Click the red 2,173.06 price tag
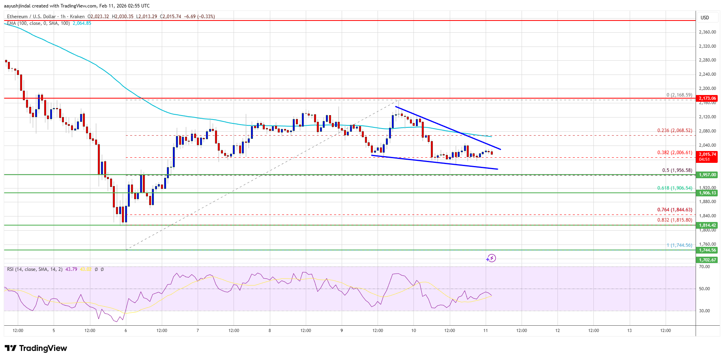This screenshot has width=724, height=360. point(707,98)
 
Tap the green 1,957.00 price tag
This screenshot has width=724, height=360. point(707,175)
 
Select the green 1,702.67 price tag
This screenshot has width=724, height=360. point(707,260)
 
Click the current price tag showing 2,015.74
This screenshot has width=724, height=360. point(707,155)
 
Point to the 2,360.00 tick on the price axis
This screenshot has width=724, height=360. point(707,32)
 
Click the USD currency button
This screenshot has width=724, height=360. point(705,17)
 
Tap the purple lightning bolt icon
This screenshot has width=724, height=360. point(491,258)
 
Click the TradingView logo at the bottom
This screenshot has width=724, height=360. point(36,348)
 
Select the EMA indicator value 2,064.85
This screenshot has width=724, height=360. point(82,23)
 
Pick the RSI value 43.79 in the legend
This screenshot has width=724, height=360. point(71,269)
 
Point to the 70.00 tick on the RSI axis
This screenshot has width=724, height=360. point(704,267)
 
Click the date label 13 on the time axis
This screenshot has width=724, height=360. point(629,330)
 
